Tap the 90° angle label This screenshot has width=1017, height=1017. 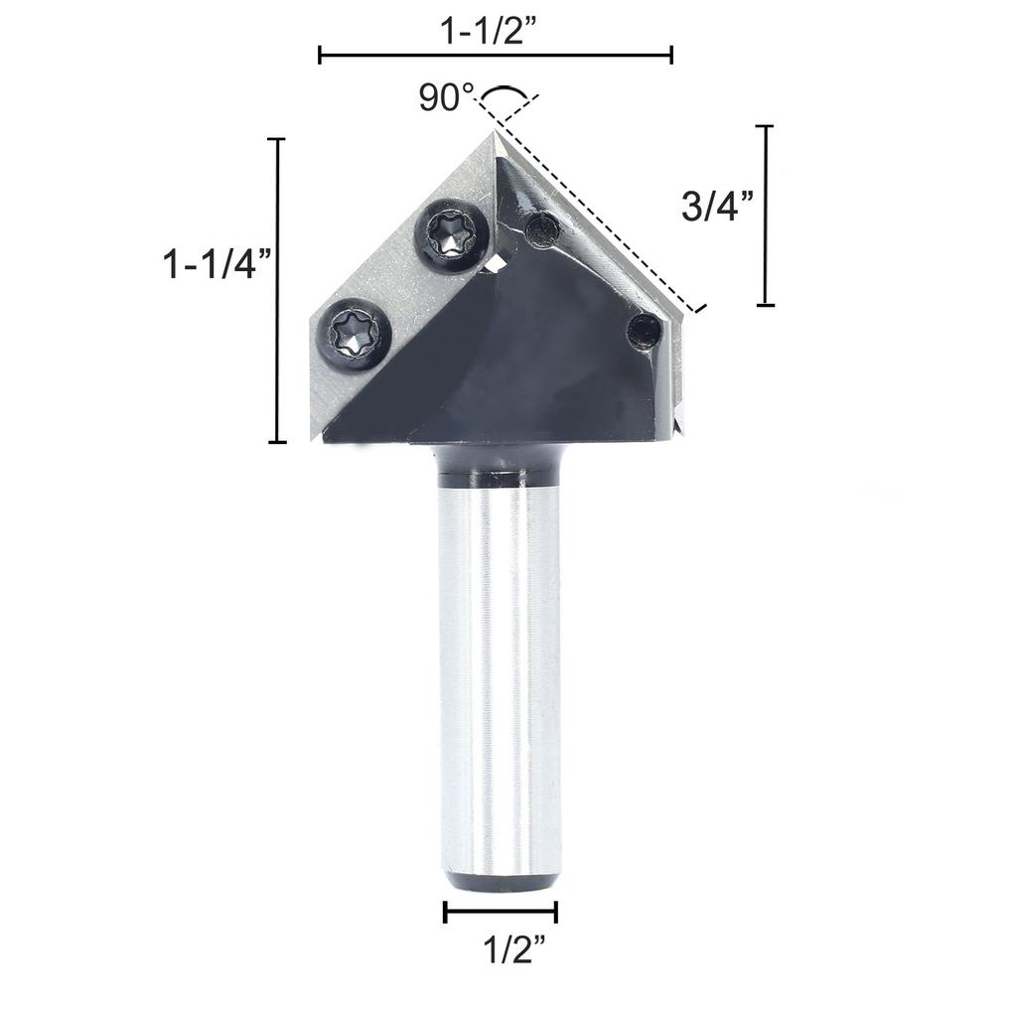(x=446, y=98)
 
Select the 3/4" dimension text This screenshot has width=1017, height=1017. (x=718, y=207)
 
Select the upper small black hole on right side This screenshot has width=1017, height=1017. (x=542, y=230)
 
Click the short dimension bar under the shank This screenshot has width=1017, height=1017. (x=501, y=912)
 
